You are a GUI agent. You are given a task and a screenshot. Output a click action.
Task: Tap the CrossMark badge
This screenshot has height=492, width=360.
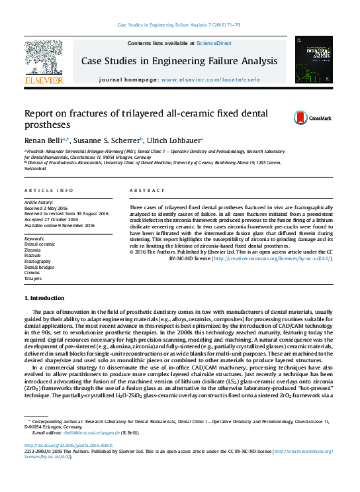[307, 118]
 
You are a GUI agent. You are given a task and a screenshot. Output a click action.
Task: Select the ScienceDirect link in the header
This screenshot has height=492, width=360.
[213, 43]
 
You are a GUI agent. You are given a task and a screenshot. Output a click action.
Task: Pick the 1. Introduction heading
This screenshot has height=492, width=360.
[44, 298]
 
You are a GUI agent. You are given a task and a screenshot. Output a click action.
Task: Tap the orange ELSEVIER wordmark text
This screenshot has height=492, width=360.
[44, 80]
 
